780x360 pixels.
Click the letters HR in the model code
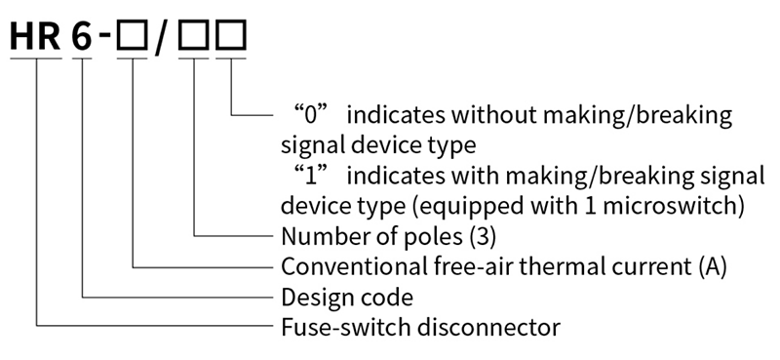point(35,37)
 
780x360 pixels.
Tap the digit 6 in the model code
point(82,37)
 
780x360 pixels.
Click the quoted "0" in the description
point(311,115)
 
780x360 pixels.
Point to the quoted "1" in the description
point(311,176)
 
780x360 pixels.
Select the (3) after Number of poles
point(483,237)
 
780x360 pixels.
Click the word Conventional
point(351,267)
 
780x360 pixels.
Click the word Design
point(312,298)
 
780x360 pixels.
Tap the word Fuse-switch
point(345,328)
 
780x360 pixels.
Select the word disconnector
point(488,328)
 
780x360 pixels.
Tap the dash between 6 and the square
point(105,35)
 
